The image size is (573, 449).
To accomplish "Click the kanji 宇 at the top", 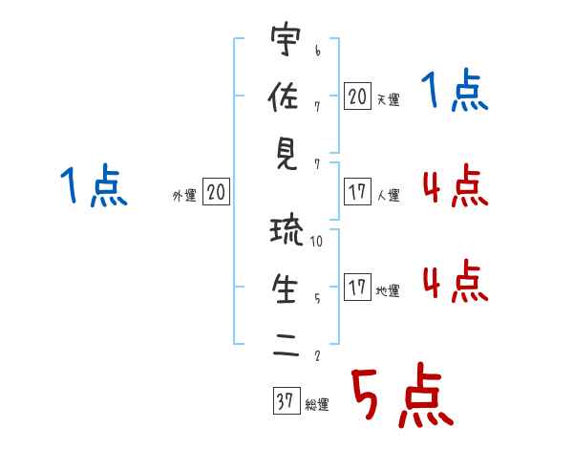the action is coord(286,39).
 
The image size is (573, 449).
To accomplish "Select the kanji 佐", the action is coord(284,96).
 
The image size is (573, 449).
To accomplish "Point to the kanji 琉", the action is coord(286,231).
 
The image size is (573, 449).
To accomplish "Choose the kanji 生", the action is coord(285,289).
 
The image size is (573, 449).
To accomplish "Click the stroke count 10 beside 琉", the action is coord(316,242).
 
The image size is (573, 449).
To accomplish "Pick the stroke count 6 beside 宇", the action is coord(318,51).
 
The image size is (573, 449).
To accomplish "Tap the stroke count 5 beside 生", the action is coord(317,299).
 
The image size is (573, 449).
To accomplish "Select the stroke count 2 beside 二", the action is coord(317,355).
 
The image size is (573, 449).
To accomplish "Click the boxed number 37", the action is coord(286,400).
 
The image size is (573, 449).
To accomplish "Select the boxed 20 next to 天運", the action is coord(357,96).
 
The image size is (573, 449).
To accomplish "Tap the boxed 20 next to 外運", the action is coord(216,191).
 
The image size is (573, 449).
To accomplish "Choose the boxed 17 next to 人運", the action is coord(357,191).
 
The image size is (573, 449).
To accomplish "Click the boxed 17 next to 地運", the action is coord(357,287).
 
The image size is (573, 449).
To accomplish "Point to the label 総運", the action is coord(317,404).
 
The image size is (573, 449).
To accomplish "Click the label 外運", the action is coord(184,195).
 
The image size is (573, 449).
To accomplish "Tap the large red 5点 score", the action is coord(402,395).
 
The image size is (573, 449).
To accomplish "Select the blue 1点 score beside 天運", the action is coord(455,91).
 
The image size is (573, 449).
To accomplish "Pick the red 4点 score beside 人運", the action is coord(456,185).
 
